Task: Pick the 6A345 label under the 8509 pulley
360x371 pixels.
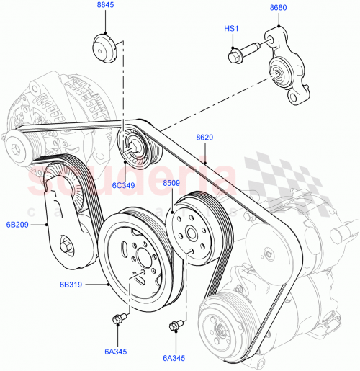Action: (174, 357)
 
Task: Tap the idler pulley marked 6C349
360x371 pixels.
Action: (133, 142)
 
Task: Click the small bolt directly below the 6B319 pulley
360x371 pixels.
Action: (119, 317)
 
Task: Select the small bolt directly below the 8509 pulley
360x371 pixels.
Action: (175, 326)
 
